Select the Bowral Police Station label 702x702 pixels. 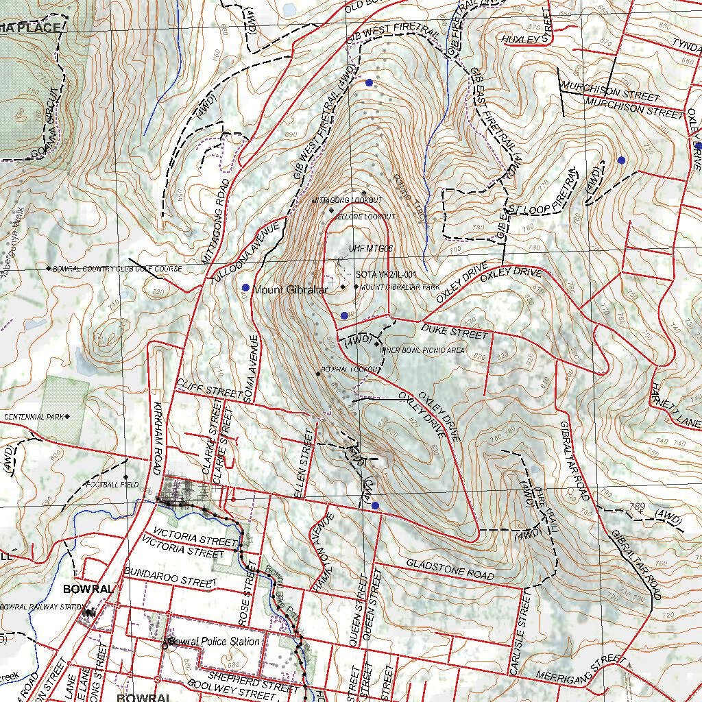tap(215, 642)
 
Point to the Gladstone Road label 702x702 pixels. tap(449, 569)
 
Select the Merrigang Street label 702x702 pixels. tap(581, 668)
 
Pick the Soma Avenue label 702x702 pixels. tap(252, 368)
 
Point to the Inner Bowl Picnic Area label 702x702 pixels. tap(422, 350)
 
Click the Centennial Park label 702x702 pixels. tap(34, 417)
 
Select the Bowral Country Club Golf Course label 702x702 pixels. tap(117, 269)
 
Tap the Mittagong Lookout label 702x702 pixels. tap(347, 200)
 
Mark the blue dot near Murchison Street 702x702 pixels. tap(621, 160)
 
